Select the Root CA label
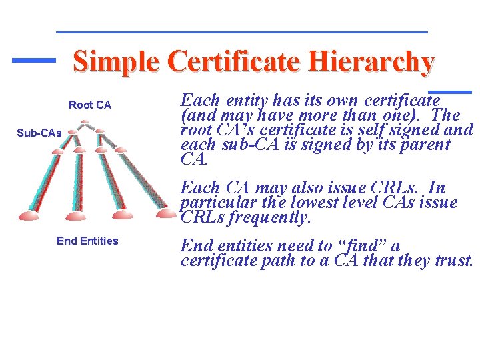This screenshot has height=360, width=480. tap(90, 105)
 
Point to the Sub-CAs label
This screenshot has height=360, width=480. tap(39, 133)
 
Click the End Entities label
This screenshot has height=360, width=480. tap(87, 241)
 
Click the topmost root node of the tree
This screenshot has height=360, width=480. tap(84, 123)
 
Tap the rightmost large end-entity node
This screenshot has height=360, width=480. tap(167, 213)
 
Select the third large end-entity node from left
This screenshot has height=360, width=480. tap(123, 215)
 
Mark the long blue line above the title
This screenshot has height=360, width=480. tap(241, 31)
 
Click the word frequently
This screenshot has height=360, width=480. tap(271, 217)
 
